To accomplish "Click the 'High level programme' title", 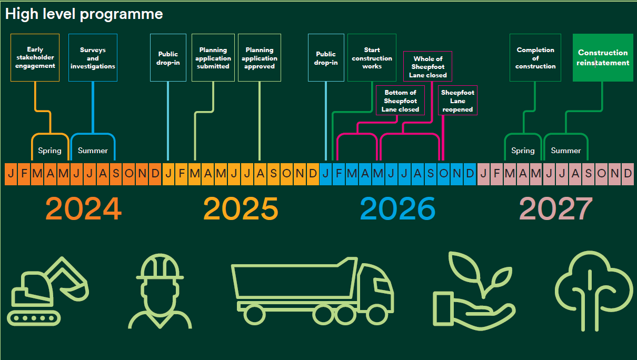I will point(84,14).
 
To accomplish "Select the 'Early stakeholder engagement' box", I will point(35,58).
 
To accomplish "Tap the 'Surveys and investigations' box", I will point(93,58).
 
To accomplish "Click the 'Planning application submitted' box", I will point(213,58).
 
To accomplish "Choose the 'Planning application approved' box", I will point(260,58).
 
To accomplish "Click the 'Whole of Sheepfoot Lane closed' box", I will point(428,67).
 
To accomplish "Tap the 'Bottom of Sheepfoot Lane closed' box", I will point(401,101).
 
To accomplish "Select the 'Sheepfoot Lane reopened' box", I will point(457,101).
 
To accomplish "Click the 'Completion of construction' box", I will point(535,58).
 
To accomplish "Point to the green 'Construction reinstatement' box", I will point(603,58).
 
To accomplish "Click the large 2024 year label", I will point(84,209).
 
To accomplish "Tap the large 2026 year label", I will point(398,209).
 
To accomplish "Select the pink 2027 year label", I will point(556,209).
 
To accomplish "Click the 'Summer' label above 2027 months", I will point(565,151).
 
